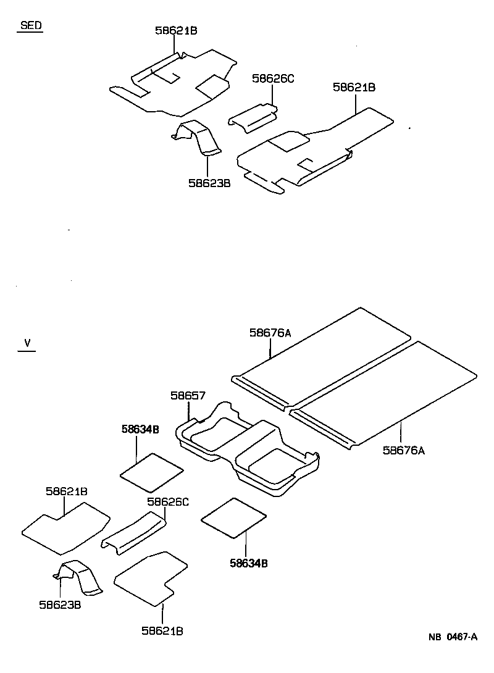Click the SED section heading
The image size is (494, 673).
point(31,26)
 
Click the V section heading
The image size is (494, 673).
point(27,343)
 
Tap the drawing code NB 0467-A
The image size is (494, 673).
point(454,638)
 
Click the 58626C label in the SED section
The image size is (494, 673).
point(274,78)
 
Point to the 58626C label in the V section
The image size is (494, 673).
point(167,502)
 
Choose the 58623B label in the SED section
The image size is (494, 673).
point(209,183)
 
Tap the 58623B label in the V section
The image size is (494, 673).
point(61,604)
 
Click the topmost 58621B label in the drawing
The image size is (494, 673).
point(176,30)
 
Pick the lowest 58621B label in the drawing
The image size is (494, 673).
point(162,630)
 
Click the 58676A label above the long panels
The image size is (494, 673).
point(270,333)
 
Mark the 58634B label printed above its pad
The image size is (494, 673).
point(140,428)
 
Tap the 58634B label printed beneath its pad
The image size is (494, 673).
point(248,562)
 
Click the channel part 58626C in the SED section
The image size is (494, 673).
point(253,117)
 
